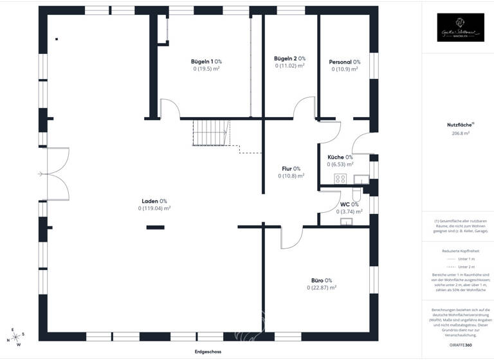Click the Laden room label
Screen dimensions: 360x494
[x=154, y=201]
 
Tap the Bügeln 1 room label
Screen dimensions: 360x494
[x=206, y=61]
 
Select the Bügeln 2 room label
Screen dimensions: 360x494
[x=289, y=59]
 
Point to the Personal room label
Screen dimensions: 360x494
[x=344, y=62]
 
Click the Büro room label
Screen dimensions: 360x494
[x=321, y=280]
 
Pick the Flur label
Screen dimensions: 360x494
[x=291, y=168]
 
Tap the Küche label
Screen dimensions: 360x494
[x=340, y=157]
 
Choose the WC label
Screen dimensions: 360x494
[x=349, y=204]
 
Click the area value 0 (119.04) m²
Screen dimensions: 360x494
[x=154, y=208]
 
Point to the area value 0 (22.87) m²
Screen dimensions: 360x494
[x=321, y=288]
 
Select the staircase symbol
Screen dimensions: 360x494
[x=210, y=134]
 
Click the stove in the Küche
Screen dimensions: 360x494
[x=340, y=179]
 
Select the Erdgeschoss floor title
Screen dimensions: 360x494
[x=208, y=352]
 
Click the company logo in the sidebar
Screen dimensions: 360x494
[x=461, y=28]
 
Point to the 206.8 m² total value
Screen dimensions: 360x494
[x=461, y=134]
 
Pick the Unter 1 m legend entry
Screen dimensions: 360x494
[x=461, y=258]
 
